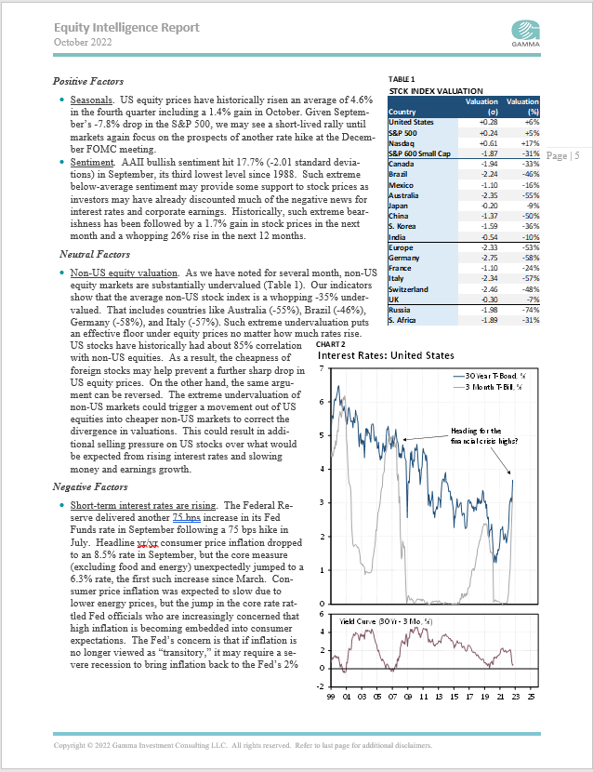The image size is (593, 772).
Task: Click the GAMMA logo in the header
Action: tap(528, 29)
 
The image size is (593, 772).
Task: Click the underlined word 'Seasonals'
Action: tap(89, 99)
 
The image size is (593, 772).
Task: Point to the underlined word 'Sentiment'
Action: tap(89, 160)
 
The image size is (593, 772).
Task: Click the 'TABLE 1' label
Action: tap(402, 80)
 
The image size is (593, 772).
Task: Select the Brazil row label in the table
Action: tap(399, 173)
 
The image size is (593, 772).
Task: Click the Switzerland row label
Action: tap(409, 289)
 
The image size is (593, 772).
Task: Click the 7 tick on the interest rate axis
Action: tap(322, 370)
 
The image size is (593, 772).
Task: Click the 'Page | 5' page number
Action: tap(563, 155)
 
